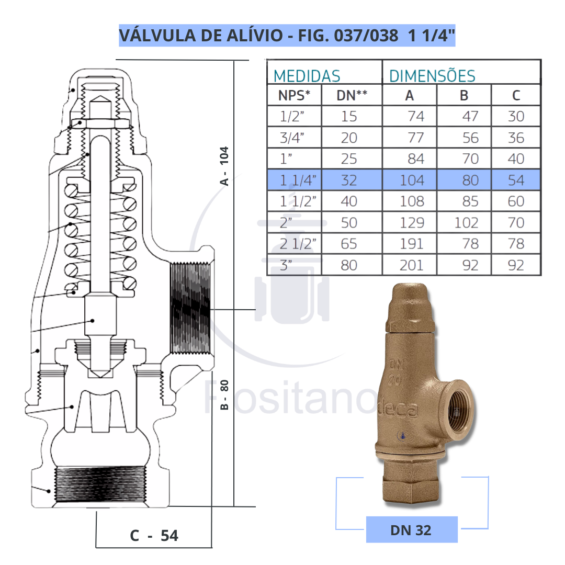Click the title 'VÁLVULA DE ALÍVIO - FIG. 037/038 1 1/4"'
pos(287,36)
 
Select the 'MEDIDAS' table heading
pos(307,76)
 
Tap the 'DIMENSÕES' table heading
pos(432,76)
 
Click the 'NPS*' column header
pos(293,95)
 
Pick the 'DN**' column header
pos(351,95)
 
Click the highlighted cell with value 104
pos(412,180)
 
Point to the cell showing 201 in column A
pos(411,265)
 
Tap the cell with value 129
pos(412,223)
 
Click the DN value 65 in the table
pos(349,244)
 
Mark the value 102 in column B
pos(466,223)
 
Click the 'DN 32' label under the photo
pos(411,529)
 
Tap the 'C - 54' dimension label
pos(154,536)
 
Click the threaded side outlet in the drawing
pos(190,308)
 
